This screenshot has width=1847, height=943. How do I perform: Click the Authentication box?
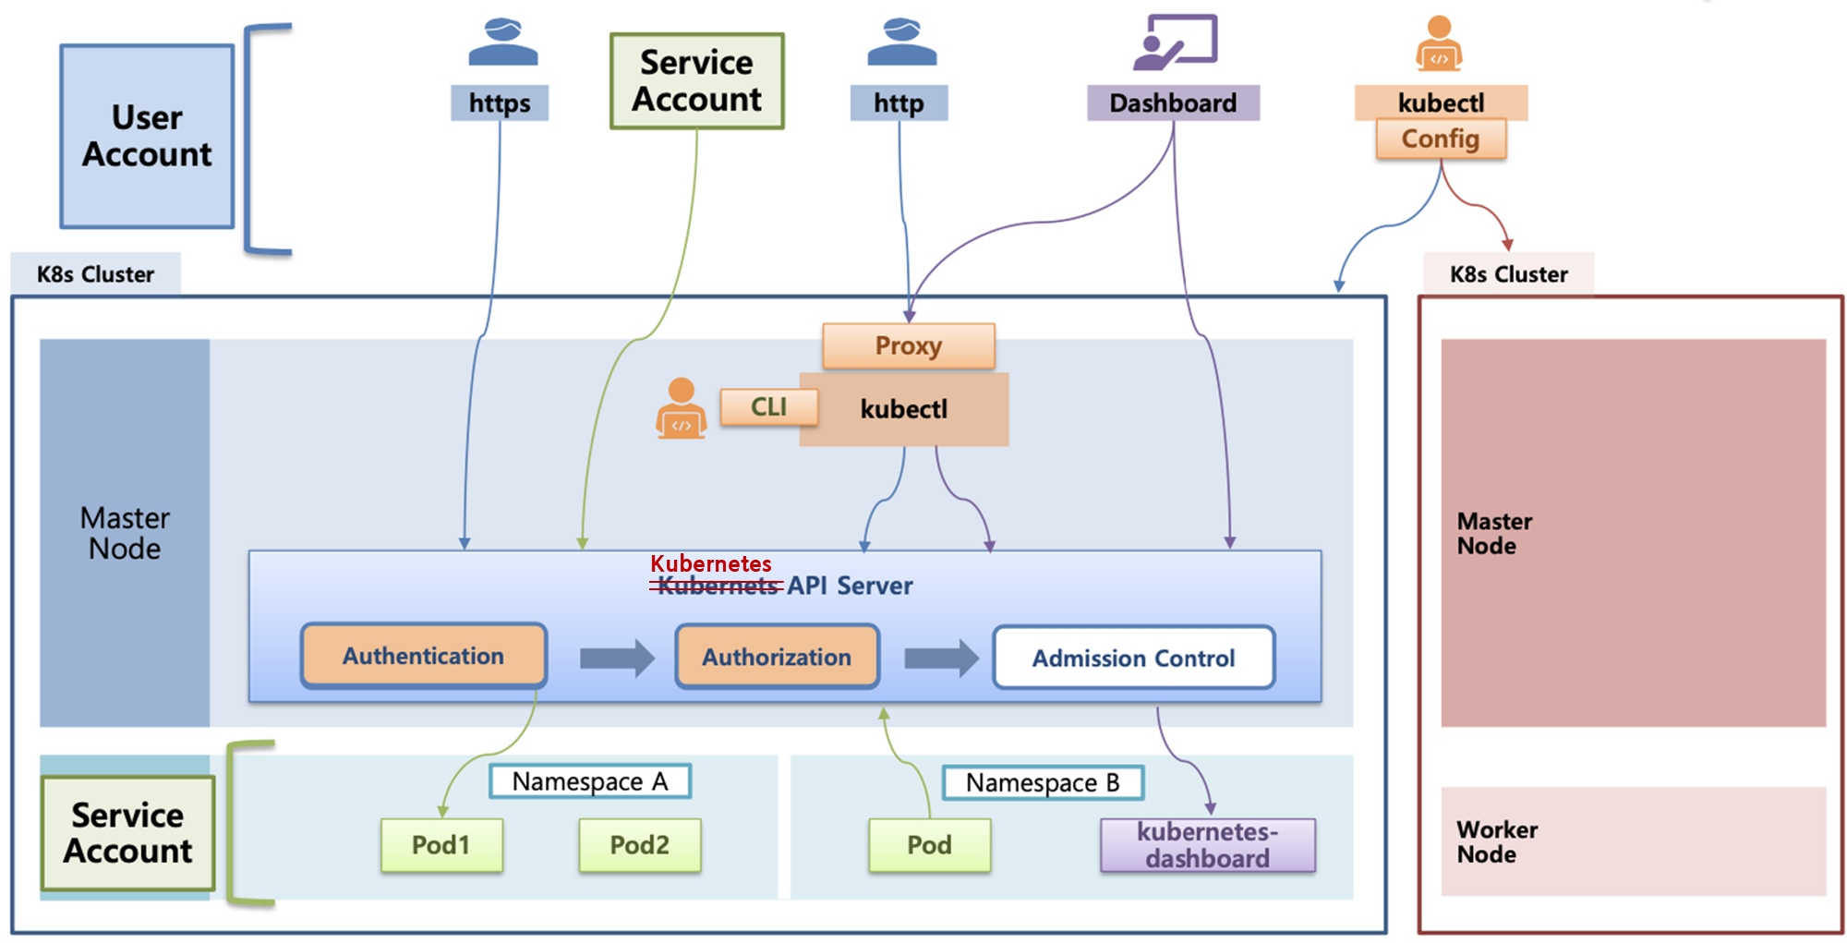(424, 656)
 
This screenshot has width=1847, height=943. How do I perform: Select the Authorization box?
(777, 657)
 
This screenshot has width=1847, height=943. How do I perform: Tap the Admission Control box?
(1133, 658)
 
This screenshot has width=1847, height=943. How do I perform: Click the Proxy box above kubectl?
(908, 345)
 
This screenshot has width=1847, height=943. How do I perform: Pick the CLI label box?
(768, 406)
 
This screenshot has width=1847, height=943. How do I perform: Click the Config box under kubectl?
(1440, 139)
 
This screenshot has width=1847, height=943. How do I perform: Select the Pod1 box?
(441, 845)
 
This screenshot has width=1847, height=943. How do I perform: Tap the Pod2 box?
(639, 845)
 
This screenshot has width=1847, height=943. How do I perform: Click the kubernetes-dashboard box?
(1207, 845)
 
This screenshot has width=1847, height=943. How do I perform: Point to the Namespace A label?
(589, 781)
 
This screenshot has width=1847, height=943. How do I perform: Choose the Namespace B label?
(1043, 782)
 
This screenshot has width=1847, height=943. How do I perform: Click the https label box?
(499, 103)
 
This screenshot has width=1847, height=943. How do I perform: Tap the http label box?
(899, 103)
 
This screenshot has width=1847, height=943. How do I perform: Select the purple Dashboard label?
(1173, 103)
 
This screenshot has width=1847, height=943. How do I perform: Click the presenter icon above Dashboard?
(1175, 42)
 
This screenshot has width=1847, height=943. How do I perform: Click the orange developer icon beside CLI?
(682, 408)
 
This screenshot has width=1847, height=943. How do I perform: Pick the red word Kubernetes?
(710, 563)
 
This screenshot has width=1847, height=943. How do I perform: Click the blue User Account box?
(147, 136)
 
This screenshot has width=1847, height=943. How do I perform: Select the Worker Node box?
(1633, 841)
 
